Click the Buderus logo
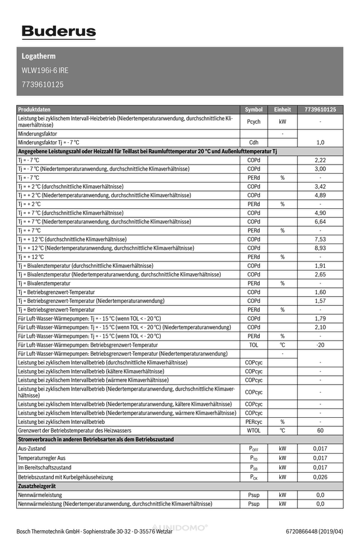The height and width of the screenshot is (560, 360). point(58,32)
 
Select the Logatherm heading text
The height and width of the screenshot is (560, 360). point(39,57)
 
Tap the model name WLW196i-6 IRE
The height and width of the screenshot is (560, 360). point(45,71)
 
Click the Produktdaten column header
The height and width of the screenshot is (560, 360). point(34,110)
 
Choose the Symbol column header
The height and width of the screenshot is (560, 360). point(254,110)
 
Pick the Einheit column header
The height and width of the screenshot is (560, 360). point(282,110)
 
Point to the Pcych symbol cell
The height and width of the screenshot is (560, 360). point(254,122)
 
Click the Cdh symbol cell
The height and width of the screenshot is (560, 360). point(254,143)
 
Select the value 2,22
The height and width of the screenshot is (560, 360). point(320,160)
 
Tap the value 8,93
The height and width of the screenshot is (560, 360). point(320,248)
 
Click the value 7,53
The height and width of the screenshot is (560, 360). point(320,239)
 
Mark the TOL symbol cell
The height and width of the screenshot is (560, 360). point(254,345)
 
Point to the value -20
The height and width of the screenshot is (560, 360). point(320,345)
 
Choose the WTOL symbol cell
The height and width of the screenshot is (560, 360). point(254,431)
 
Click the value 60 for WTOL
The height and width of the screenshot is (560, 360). point(320,431)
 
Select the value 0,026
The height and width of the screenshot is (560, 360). point(320,477)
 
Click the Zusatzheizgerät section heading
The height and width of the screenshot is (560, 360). point(38,487)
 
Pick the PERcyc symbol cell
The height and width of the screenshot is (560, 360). point(254,422)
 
